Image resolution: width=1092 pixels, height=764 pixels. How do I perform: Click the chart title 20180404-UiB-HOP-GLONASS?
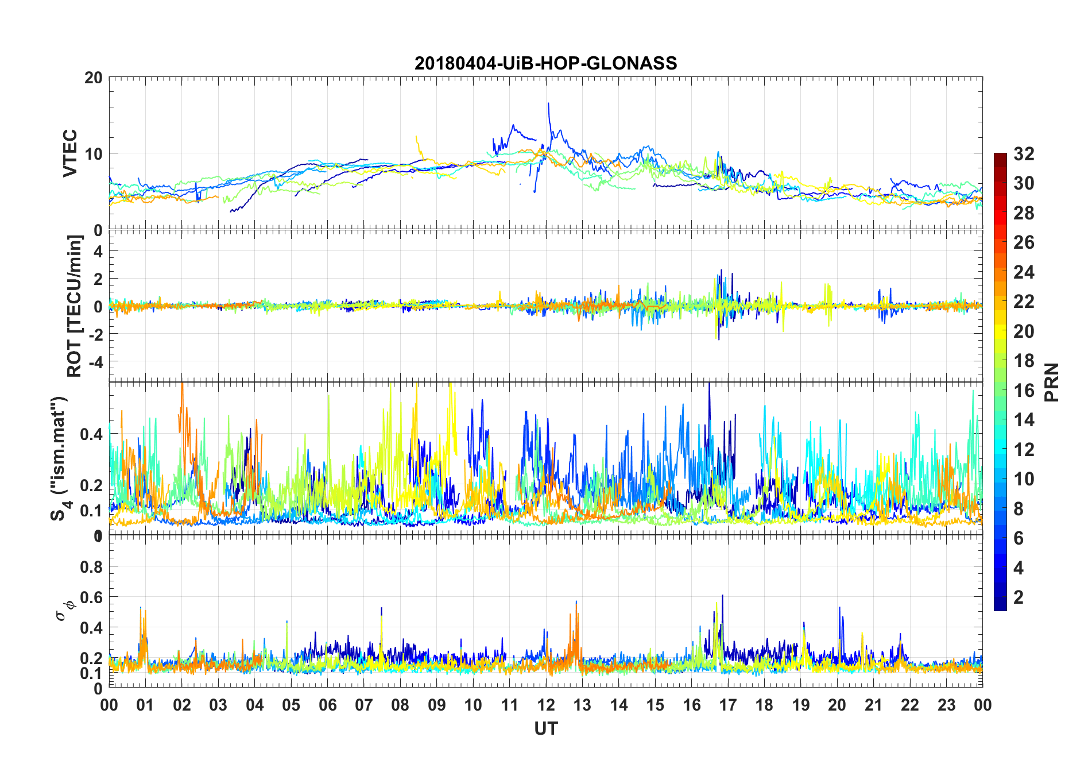click(545, 63)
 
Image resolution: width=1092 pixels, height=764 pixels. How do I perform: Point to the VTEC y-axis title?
click(70, 153)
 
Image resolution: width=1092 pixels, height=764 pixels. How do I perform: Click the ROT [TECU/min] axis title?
click(75, 306)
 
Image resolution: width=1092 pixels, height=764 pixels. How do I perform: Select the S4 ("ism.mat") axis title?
click(59, 458)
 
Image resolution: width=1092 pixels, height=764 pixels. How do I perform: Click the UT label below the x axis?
click(545, 729)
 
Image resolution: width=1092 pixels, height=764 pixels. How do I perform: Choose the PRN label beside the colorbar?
click(1051, 382)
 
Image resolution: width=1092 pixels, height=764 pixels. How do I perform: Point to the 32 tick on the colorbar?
click(1024, 154)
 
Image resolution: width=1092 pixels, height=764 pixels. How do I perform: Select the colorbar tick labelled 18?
click(1024, 361)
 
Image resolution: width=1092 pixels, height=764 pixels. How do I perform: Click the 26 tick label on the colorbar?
click(1024, 242)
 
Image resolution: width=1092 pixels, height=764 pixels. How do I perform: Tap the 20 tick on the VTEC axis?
click(94, 78)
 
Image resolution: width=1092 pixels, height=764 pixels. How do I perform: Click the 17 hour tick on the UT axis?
click(728, 705)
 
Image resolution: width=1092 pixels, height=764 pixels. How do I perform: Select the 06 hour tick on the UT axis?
click(327, 705)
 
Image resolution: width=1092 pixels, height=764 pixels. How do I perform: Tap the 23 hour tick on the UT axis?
click(946, 705)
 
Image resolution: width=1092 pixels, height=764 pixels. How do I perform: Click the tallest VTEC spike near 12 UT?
click(548, 103)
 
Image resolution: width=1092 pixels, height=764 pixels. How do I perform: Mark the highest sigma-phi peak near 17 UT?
click(722, 596)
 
